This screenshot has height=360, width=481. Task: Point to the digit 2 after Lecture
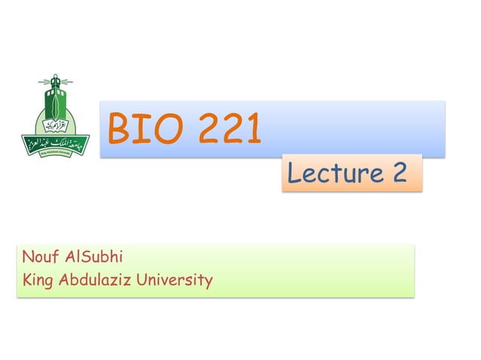[x=400, y=175]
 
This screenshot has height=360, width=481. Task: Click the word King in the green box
[x=37, y=282]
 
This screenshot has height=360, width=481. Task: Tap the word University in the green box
[x=174, y=282]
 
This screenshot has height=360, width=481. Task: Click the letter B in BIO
[x=120, y=130]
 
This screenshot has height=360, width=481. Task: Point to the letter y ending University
[x=207, y=283]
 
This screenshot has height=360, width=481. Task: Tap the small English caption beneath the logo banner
[x=54, y=151]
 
